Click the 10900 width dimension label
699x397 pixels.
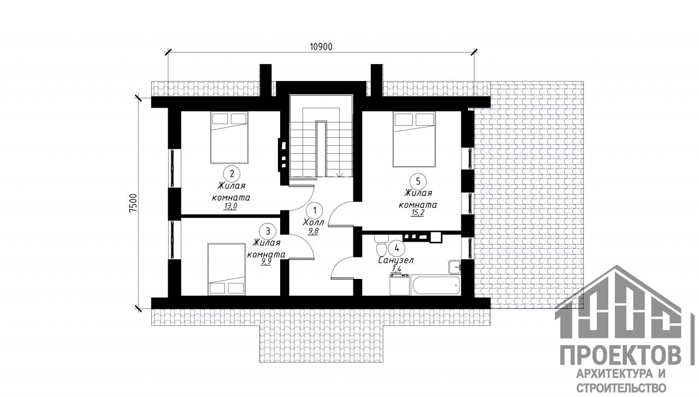coord(321,46)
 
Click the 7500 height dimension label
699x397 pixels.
coord(133,203)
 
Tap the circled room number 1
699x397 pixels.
coord(315,211)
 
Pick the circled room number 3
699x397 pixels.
coord(268,231)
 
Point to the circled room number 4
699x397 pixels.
coord(397,248)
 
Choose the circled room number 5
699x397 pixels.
coord(418,182)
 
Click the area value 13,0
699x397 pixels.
coord(230,206)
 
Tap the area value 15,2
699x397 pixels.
coord(418,213)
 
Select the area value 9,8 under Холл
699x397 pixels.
coord(313,231)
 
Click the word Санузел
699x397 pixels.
coord(396,260)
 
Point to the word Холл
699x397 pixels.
coord(313,223)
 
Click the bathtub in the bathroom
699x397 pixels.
coord(436,285)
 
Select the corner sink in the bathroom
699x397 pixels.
coord(455,267)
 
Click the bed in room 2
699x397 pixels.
coord(229,138)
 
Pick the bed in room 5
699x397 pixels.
coord(414,139)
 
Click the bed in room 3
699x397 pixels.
coord(227,269)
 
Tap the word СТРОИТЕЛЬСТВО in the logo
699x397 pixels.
coord(621,388)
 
